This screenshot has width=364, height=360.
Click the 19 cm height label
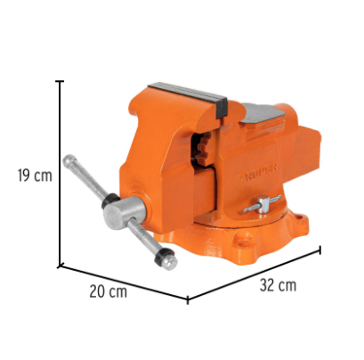(35, 176)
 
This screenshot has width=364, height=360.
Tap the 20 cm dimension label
(109, 291)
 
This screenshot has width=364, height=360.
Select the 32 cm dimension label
(278, 285)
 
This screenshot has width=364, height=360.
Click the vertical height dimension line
(61, 174)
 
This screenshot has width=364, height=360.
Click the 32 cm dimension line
(254, 274)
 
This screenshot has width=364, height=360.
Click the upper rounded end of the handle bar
(69, 160)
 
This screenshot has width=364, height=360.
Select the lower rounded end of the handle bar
(170, 263)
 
